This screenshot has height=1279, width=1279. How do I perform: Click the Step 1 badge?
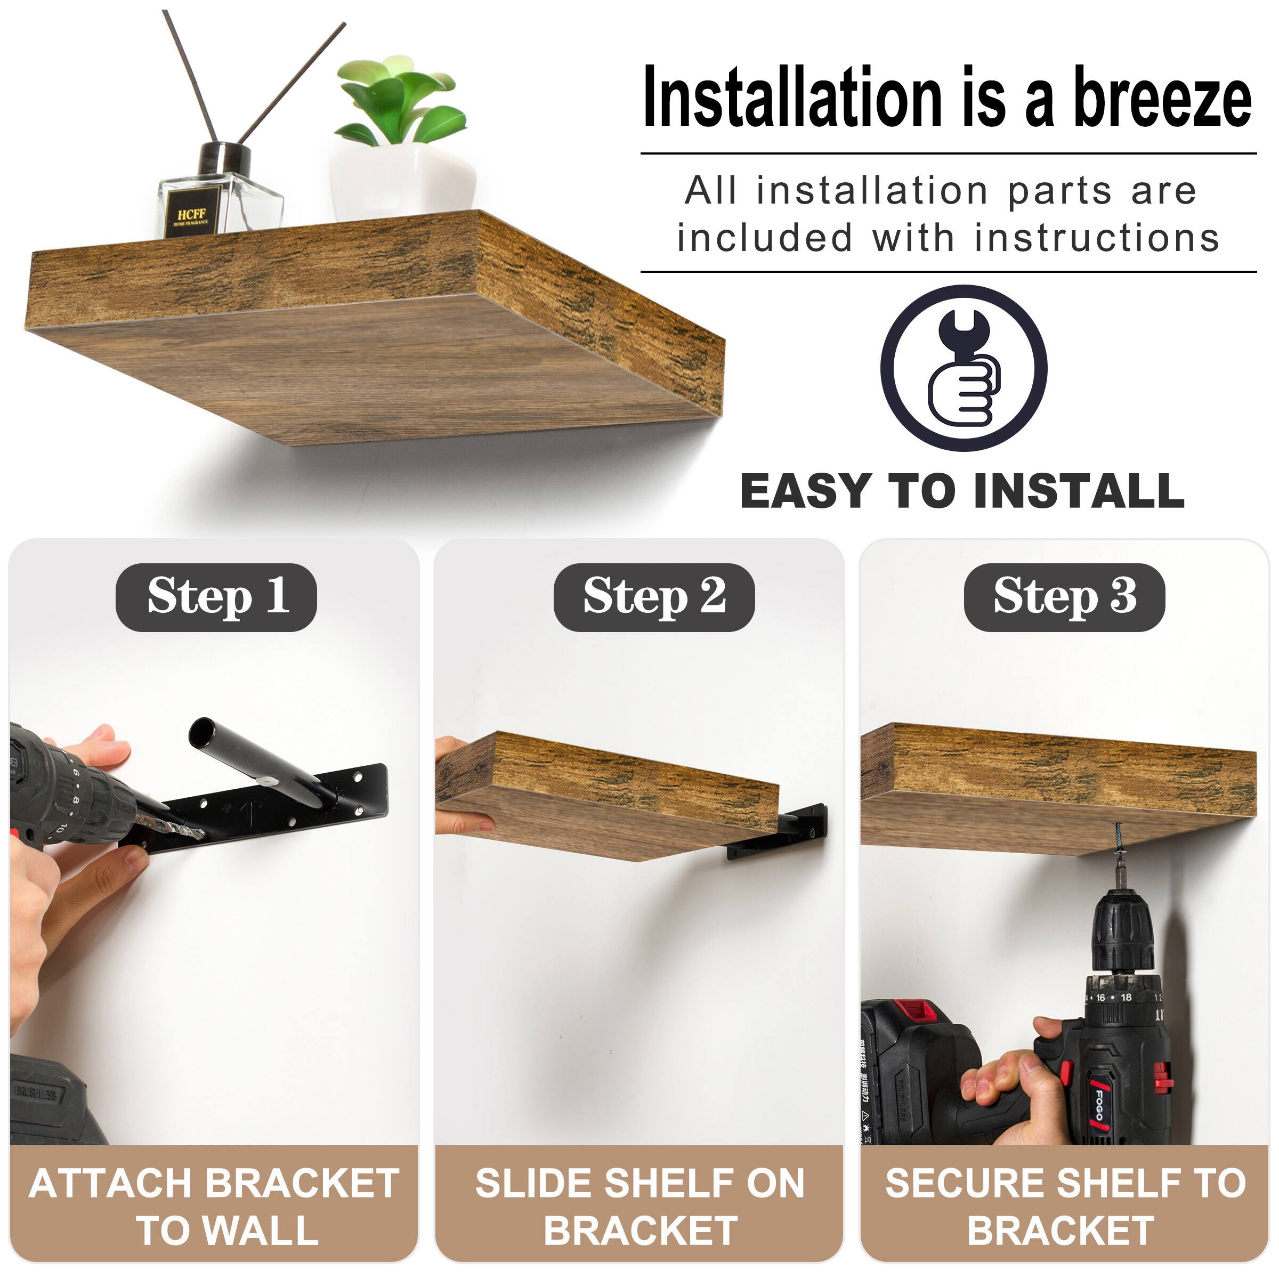216,597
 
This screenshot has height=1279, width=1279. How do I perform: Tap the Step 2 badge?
653,597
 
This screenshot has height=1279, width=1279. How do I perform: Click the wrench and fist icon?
963,368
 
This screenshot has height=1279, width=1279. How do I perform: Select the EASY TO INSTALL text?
962,491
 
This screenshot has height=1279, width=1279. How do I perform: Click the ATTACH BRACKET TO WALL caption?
214,1206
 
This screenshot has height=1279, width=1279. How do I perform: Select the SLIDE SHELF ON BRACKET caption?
639,1206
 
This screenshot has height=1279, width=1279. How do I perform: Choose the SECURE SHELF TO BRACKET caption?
1065,1206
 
